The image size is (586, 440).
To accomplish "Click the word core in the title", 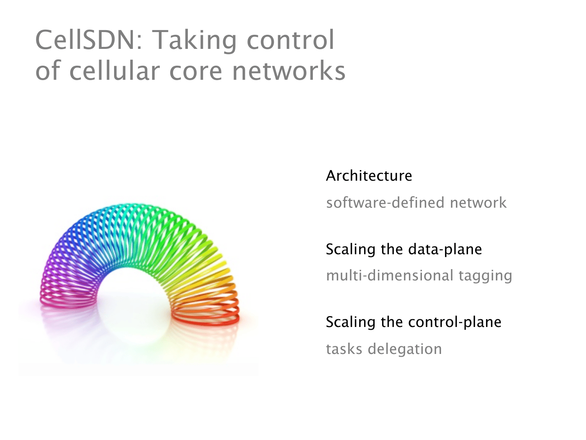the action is [x=196, y=72].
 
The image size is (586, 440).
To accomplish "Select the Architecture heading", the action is [x=369, y=176].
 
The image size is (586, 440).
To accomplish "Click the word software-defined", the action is [x=385, y=202].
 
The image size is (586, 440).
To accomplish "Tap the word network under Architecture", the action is [x=478, y=202].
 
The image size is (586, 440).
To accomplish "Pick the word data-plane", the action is [x=445, y=250].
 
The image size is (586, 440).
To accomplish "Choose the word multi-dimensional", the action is [x=390, y=275].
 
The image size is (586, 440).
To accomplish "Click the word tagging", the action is [x=485, y=276].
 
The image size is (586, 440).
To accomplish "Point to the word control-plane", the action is [x=455, y=322].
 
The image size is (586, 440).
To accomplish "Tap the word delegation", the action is [x=405, y=349].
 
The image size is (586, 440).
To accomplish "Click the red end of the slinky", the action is [x=205, y=319].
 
